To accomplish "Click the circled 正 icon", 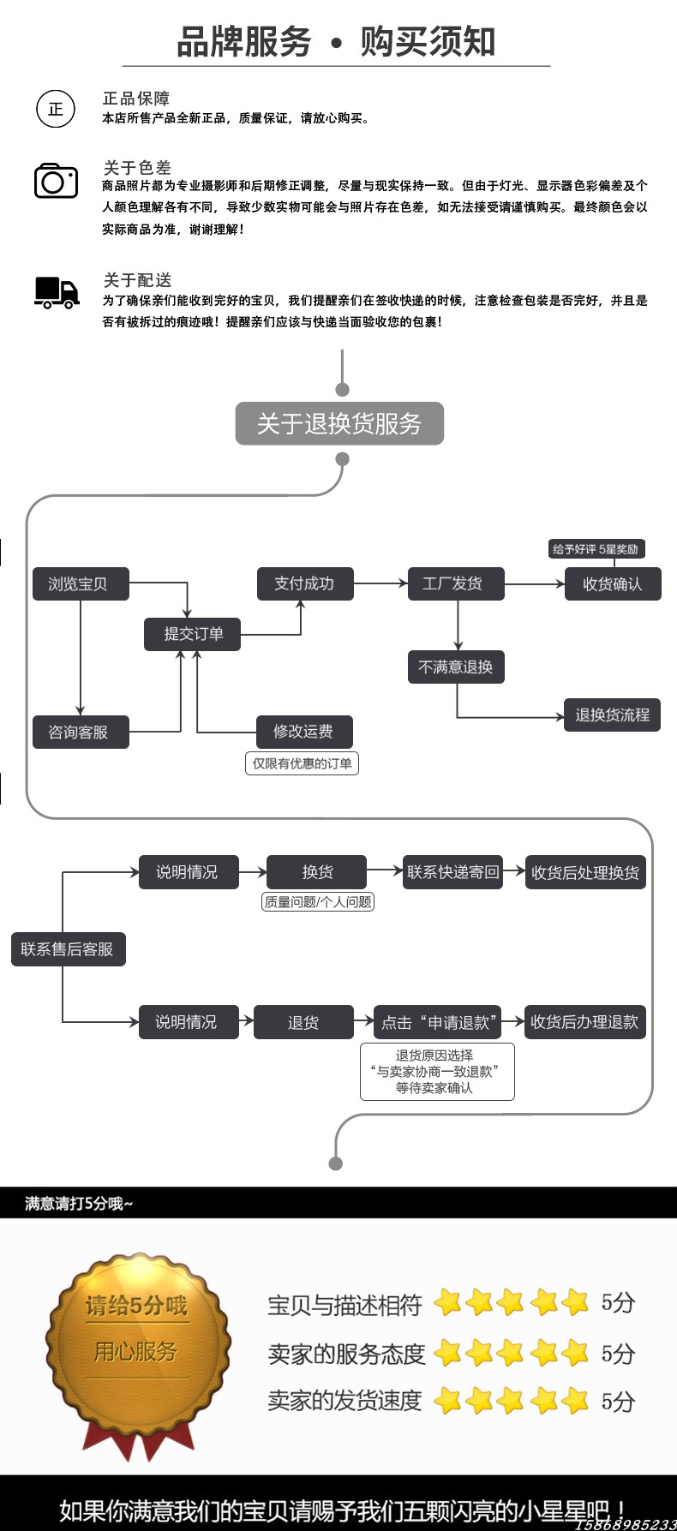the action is point(56,109).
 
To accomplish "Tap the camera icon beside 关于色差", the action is point(56,180).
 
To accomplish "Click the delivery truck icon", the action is point(57,293).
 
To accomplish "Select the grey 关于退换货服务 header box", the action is point(339,423).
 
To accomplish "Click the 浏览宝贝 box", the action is point(81,583).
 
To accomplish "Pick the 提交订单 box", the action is point(192,634).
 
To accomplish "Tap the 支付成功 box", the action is point(305,583).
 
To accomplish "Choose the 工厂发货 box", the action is point(455,583).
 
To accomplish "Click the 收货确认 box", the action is point(613,584).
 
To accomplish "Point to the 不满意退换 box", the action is point(455,667).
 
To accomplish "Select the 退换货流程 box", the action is point(613,715).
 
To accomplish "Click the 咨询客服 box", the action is point(81,733).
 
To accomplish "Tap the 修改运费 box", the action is point(304,732).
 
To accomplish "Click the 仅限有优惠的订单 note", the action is point(302,763).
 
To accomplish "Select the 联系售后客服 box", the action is point(69,949).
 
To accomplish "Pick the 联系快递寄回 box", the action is point(452,872).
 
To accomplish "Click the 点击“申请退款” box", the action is point(437,1022).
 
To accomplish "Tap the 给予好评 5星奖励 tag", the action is point(596,549).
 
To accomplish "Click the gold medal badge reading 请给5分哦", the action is point(137,1354).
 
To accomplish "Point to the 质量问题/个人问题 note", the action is point(318,901).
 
